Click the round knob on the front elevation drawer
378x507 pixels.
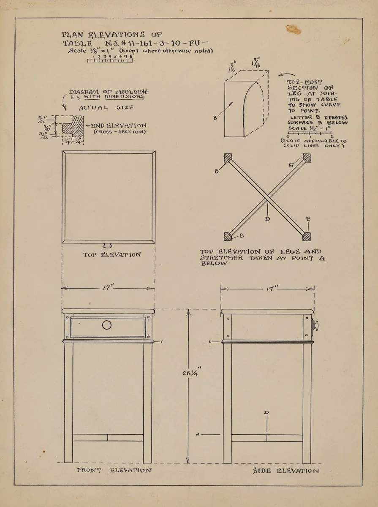coord(107,325)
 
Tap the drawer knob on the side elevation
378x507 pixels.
coord(315,326)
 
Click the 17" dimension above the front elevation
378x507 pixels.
coord(108,288)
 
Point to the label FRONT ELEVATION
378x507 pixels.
coord(114,470)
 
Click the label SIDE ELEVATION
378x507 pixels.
coord(286,470)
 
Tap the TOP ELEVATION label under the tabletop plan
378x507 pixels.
coord(112,254)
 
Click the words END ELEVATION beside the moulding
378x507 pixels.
coord(119,125)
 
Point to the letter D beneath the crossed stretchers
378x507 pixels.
coord(267,219)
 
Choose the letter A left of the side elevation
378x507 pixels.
coord(197,434)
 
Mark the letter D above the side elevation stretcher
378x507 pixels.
coord(267,412)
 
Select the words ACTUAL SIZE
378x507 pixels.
coord(106,108)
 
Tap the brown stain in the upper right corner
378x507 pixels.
coord(294,29)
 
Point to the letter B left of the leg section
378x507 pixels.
coord(215,118)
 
